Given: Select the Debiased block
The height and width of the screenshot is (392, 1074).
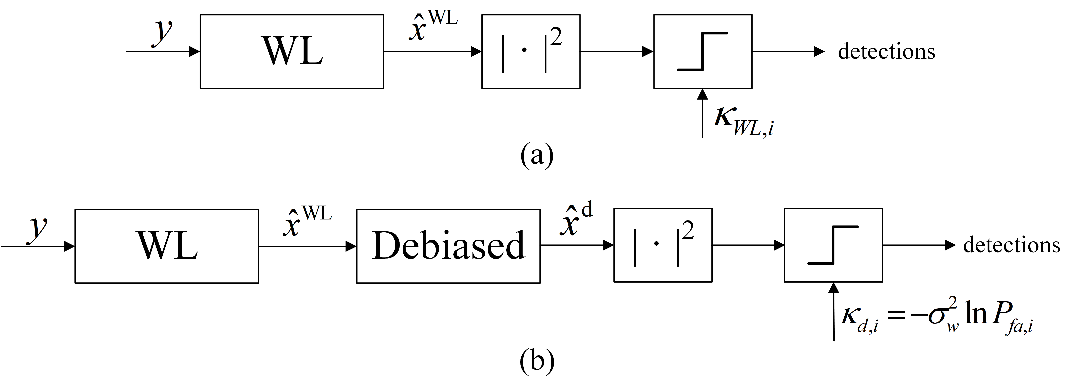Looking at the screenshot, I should pos(448,246).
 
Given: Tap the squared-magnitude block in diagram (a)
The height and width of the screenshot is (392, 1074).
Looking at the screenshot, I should pos(531,52).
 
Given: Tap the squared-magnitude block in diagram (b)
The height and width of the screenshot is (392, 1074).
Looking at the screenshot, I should pos(662,245).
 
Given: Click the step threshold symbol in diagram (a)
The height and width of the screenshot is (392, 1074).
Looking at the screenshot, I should pos(702,52).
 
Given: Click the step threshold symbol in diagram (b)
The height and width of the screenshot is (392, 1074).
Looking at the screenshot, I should pos(833,245).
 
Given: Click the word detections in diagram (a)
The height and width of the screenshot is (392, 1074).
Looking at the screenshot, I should pos(886,52).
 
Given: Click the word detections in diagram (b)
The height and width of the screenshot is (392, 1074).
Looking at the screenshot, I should pos(1011,245).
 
